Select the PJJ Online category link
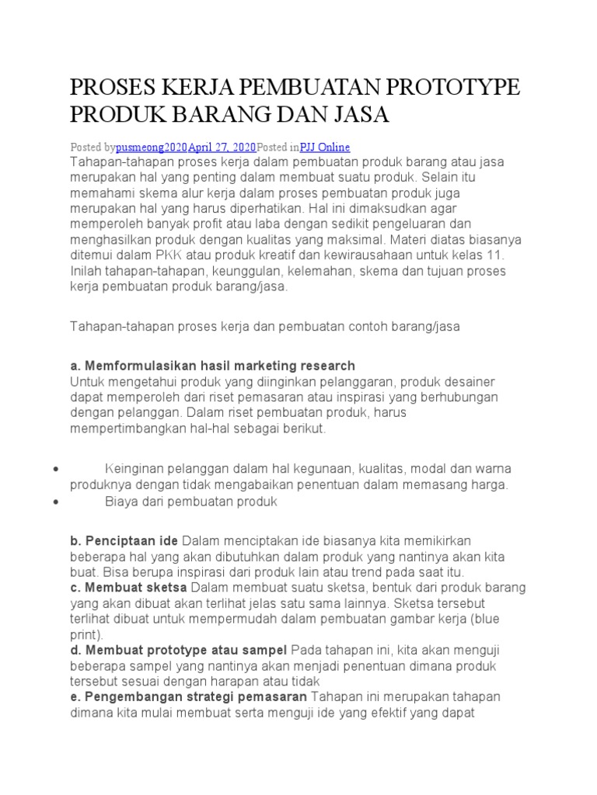coord(325,146)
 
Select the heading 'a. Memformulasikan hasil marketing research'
coord(212,366)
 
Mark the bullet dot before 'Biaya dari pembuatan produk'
coord(57,502)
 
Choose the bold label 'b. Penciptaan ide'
coord(124,540)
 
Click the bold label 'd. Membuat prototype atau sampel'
coord(179,649)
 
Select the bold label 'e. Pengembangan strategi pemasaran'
coord(189,696)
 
